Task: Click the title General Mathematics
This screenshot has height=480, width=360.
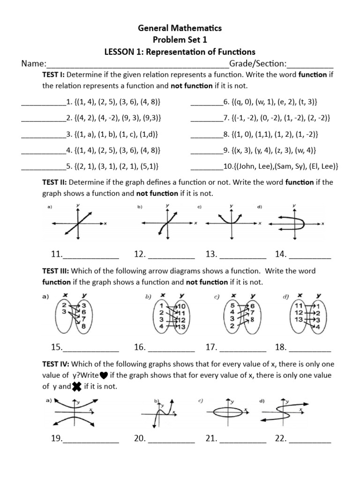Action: tap(180, 28)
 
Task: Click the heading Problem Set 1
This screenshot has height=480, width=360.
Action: tap(180, 40)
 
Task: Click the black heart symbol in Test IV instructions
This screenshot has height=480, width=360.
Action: tap(104, 375)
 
